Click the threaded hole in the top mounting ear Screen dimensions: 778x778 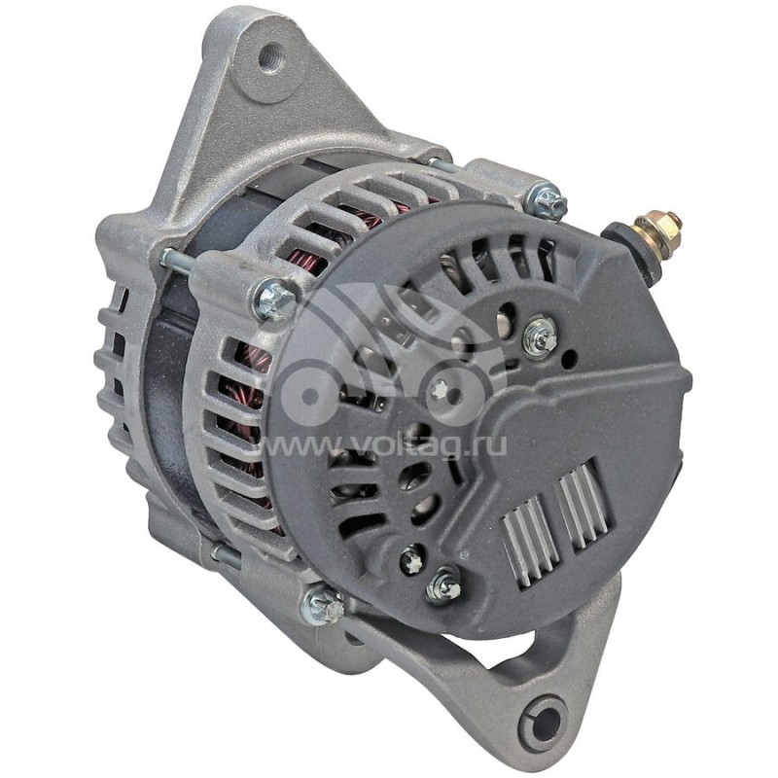click(x=270, y=55)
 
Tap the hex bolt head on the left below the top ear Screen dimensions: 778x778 click(x=274, y=299)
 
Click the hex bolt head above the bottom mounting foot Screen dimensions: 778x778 click(x=323, y=607)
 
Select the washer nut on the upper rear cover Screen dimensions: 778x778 click(x=539, y=337)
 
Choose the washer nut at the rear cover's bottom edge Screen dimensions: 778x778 click(x=445, y=584)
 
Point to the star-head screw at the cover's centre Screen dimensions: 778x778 click(x=440, y=391)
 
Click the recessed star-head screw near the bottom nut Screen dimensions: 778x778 click(x=411, y=559)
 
